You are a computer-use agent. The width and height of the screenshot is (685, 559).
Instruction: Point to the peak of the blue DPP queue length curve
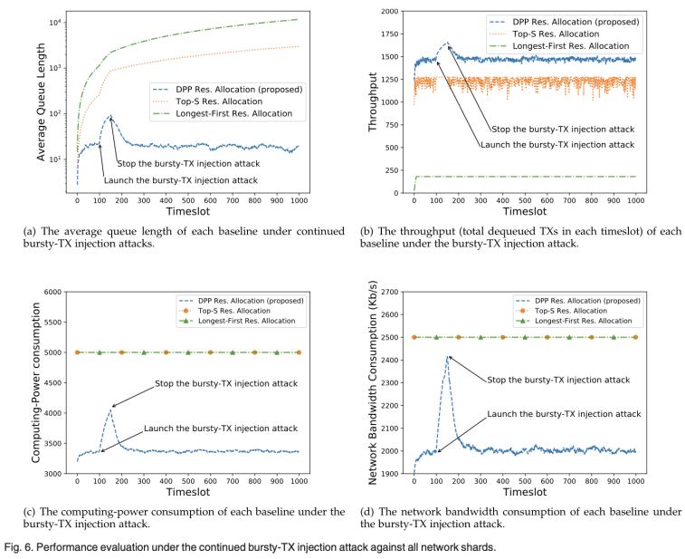110,116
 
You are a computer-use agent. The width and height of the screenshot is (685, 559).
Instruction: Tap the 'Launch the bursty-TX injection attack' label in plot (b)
557,145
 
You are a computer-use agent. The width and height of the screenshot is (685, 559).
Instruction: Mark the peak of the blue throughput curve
446,43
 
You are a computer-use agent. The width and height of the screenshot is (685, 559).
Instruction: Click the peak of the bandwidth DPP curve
446,357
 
